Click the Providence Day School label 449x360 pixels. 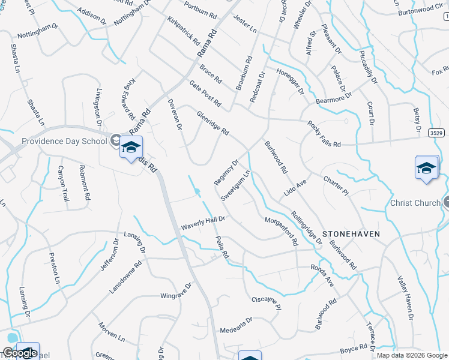(x=64, y=142)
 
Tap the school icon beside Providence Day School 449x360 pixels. (x=131, y=148)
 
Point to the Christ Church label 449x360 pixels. (x=415, y=203)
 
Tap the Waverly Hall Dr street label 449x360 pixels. (x=203, y=223)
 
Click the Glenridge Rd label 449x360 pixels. (x=213, y=122)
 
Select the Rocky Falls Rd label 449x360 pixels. (x=324, y=134)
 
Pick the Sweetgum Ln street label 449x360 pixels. (x=235, y=186)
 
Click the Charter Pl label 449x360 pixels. (x=336, y=184)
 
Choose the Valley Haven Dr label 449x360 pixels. (x=406, y=298)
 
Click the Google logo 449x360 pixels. (x=19, y=353)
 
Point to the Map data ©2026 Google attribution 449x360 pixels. (x=412, y=355)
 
